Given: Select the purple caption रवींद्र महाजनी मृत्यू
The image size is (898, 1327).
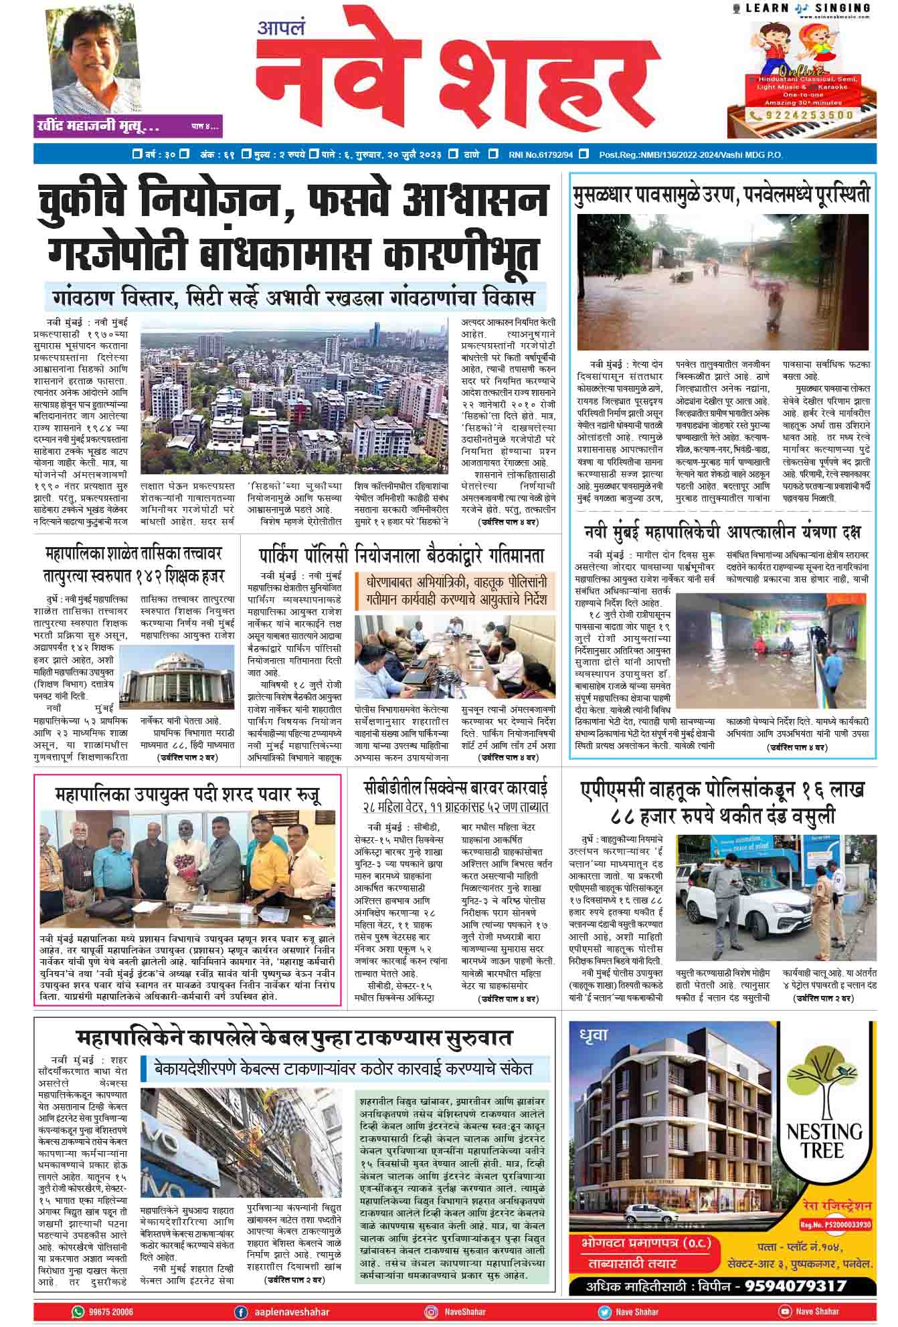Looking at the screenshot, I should click(98, 126).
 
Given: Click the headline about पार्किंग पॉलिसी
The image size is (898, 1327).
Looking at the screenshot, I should click(401, 555).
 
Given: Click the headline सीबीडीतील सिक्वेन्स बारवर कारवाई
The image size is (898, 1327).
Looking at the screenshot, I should click(455, 787).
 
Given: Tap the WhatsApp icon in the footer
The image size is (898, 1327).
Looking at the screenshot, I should click(78, 1312).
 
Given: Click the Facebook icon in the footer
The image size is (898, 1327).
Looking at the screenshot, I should click(241, 1312).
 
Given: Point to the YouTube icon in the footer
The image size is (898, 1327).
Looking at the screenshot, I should click(786, 1312).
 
